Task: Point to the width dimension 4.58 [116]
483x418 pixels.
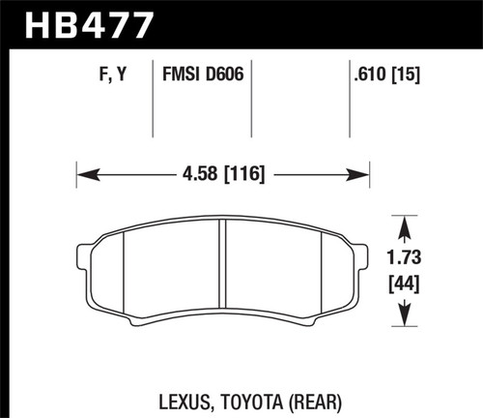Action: (223, 175)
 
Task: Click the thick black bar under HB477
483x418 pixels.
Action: (241, 44)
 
